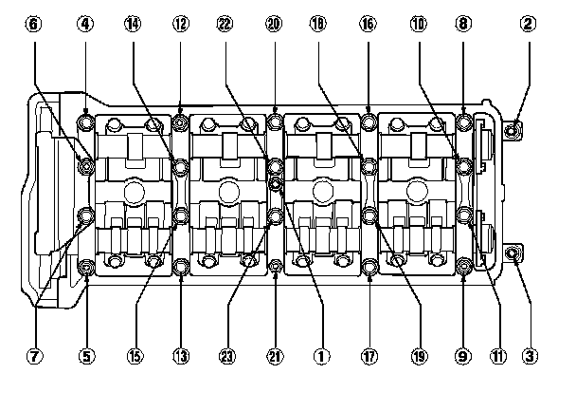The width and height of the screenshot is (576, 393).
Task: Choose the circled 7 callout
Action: tap(35, 357)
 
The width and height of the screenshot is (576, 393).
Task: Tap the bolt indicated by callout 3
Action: tap(513, 253)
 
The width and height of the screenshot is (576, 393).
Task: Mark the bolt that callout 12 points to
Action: tap(180, 122)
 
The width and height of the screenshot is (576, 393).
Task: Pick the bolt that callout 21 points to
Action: tap(275, 267)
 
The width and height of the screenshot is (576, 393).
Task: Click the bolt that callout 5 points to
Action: tap(86, 267)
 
